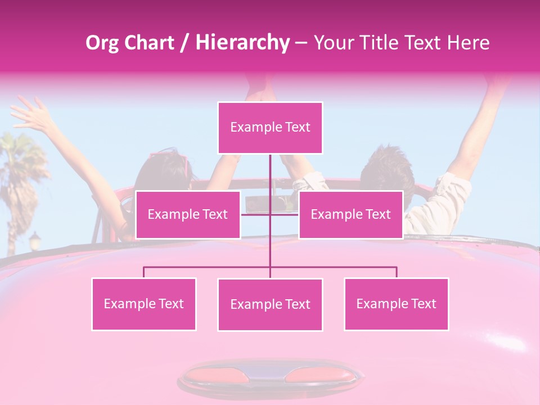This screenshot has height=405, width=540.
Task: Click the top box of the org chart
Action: (x=270, y=128)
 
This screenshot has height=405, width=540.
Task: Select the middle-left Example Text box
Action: (x=187, y=214)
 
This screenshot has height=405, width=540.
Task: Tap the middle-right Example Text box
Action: (x=350, y=214)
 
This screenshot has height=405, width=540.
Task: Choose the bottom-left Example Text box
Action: (x=143, y=304)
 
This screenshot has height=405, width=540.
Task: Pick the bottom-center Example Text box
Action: (x=270, y=304)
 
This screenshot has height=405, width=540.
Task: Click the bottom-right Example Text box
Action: (x=396, y=304)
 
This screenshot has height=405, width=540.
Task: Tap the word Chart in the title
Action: (x=150, y=42)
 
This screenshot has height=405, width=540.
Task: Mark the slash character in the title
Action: (x=184, y=43)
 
